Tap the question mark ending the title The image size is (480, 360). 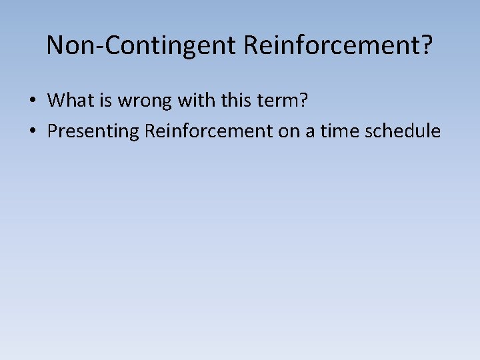[x=427, y=45]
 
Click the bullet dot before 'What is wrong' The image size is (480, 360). [x=32, y=101]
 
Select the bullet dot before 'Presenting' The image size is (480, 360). [x=32, y=131]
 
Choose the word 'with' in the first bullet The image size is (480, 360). [x=186, y=101]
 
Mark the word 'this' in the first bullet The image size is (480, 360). [x=223, y=101]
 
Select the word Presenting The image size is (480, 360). [x=93, y=131]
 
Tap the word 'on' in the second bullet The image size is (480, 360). [x=289, y=131]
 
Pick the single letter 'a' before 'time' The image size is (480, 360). [x=309, y=132]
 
